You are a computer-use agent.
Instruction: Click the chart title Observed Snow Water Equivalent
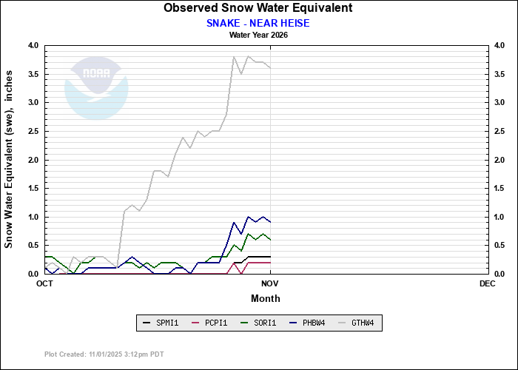(258, 8)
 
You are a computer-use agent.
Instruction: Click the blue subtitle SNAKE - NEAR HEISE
(258, 23)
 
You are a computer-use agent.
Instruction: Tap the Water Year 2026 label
(258, 35)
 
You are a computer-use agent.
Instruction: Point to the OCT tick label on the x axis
(44, 283)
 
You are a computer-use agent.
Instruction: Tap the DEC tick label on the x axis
(487, 283)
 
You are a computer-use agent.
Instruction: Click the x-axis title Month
(266, 298)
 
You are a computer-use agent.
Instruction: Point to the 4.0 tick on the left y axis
(33, 46)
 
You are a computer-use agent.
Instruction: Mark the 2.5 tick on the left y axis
(33, 132)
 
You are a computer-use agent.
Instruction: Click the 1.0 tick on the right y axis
(499, 218)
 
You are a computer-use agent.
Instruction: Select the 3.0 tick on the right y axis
(499, 103)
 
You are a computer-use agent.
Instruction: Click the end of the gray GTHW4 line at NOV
(270, 68)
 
